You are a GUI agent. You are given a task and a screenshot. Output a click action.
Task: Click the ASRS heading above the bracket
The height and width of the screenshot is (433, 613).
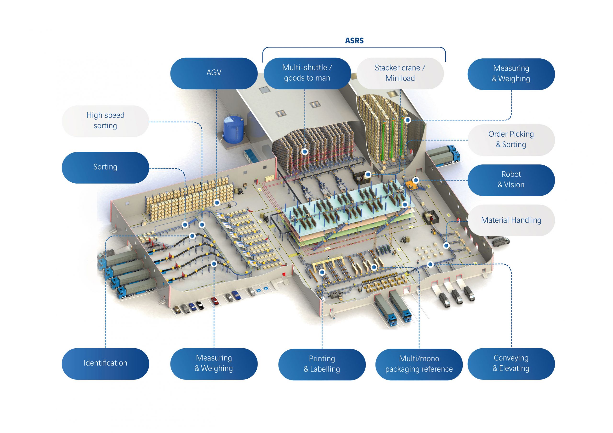coord(354,41)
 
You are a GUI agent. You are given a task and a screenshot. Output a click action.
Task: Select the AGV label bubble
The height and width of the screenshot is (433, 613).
coord(214,73)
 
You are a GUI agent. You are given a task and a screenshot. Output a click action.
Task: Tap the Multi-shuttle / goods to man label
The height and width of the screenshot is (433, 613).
coord(307,73)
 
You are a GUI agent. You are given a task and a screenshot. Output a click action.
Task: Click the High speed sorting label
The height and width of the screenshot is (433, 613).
coord(105,121)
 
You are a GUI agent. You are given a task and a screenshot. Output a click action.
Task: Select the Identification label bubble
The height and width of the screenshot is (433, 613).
coord(105,363)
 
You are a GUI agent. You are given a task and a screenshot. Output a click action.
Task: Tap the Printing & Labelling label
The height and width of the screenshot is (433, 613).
coord(322,364)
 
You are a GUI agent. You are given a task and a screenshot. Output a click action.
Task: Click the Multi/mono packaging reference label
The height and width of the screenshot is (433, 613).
coord(419,364)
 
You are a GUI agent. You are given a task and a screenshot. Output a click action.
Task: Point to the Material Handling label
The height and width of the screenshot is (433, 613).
coord(511,220)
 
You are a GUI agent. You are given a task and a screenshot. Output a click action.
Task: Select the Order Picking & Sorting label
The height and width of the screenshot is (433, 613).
coord(511,140)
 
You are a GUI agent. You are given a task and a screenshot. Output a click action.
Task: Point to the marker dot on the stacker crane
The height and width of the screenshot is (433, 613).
coord(407,120)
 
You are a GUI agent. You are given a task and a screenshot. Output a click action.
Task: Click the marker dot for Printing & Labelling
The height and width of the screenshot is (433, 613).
coord(322,272)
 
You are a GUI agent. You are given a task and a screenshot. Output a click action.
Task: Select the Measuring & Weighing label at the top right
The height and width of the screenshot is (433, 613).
coord(511,74)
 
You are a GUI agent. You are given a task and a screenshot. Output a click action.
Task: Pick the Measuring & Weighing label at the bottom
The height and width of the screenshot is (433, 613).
coord(214,363)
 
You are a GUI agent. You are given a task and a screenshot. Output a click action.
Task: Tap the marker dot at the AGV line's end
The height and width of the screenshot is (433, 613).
coord(217,203)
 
